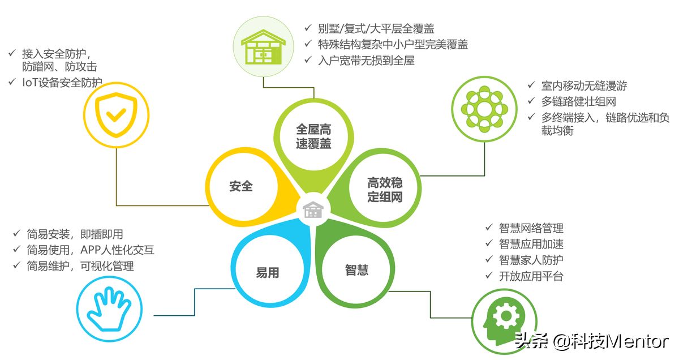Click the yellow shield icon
pyautogui.click(x=116, y=115)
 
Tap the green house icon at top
pyautogui.click(x=263, y=47)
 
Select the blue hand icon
pyautogui.click(x=109, y=310)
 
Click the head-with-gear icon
pyautogui.click(x=504, y=322)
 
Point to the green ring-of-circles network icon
pyautogui.click(x=484, y=109)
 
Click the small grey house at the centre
pyautogui.click(x=313, y=209)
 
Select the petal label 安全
pyautogui.click(x=241, y=186)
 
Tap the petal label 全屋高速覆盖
pyautogui.click(x=313, y=136)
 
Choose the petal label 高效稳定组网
pyautogui.click(x=385, y=190)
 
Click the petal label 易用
pyautogui.click(x=267, y=273)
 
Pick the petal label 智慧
pyautogui.click(x=357, y=270)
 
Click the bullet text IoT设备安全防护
pyautogui.click(x=62, y=83)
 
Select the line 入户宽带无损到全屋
pyautogui.click(x=366, y=61)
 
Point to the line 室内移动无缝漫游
pyautogui.click(x=584, y=85)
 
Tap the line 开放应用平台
pyautogui.click(x=531, y=276)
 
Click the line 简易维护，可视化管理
pyautogui.click(x=80, y=266)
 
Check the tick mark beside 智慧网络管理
pyautogui.click(x=489, y=227)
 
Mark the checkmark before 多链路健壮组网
pyautogui.click(x=531, y=100)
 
